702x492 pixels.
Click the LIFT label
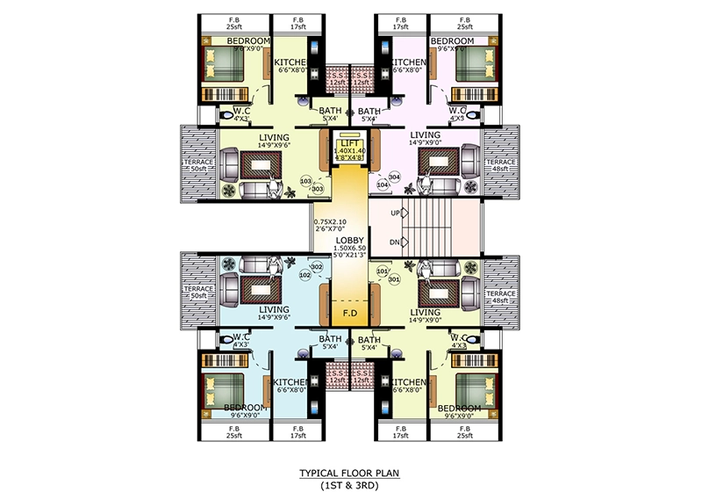pos(350,142)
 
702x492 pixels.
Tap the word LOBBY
pos(350,240)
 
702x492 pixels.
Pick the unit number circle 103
pos(305,181)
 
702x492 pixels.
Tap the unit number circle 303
pos(317,189)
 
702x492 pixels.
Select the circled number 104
pos(383,185)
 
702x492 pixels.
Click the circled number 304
pos(394,177)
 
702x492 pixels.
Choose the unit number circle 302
pos(316,266)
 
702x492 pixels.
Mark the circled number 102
pos(305,275)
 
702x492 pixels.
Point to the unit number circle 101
pos(382,271)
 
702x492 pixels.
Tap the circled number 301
pos(394,280)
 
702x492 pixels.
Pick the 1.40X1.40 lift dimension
pos(350,152)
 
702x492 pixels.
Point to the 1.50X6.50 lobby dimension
pos(350,250)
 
